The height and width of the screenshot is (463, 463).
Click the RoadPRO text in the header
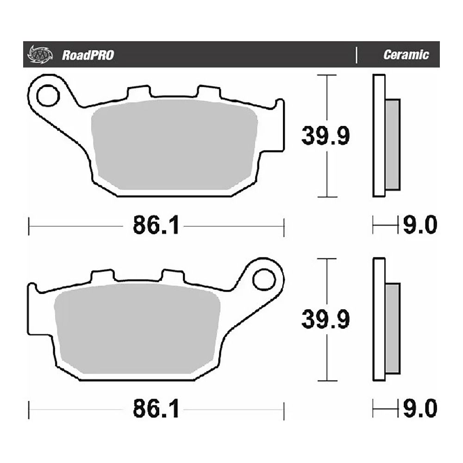(88, 56)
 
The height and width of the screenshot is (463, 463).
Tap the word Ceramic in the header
(406, 55)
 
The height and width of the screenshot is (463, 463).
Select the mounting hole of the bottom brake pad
(264, 279)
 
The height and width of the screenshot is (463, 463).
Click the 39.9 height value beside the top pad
(325, 136)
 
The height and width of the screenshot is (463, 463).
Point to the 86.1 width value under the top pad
(155, 226)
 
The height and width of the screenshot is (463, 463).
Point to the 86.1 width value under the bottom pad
(155, 409)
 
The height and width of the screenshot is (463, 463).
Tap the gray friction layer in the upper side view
(392, 144)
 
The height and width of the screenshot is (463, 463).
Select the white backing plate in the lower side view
(379, 319)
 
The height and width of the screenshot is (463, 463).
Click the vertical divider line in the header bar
(357, 55)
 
